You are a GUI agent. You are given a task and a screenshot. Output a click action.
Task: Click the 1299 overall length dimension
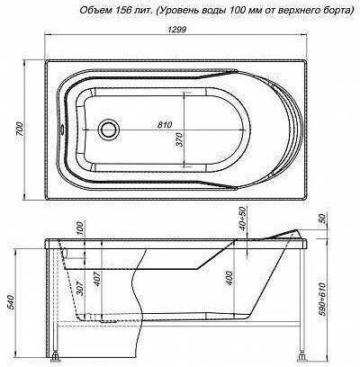click(x=177, y=30)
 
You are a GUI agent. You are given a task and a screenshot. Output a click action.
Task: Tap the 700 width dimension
click(x=20, y=130)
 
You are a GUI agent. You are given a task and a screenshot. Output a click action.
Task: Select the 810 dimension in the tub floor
click(x=165, y=124)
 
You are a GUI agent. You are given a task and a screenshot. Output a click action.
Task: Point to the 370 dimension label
click(x=179, y=139)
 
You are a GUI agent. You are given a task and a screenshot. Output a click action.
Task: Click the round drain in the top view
click(x=109, y=130)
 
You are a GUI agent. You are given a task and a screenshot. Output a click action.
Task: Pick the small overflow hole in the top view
click(x=63, y=130)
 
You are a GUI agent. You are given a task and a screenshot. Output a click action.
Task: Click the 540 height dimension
click(x=11, y=302)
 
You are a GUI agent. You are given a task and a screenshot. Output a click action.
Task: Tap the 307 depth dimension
click(x=81, y=288)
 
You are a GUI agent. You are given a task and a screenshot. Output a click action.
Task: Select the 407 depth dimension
click(x=97, y=279)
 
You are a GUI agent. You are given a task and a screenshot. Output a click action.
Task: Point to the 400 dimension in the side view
click(x=229, y=278)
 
